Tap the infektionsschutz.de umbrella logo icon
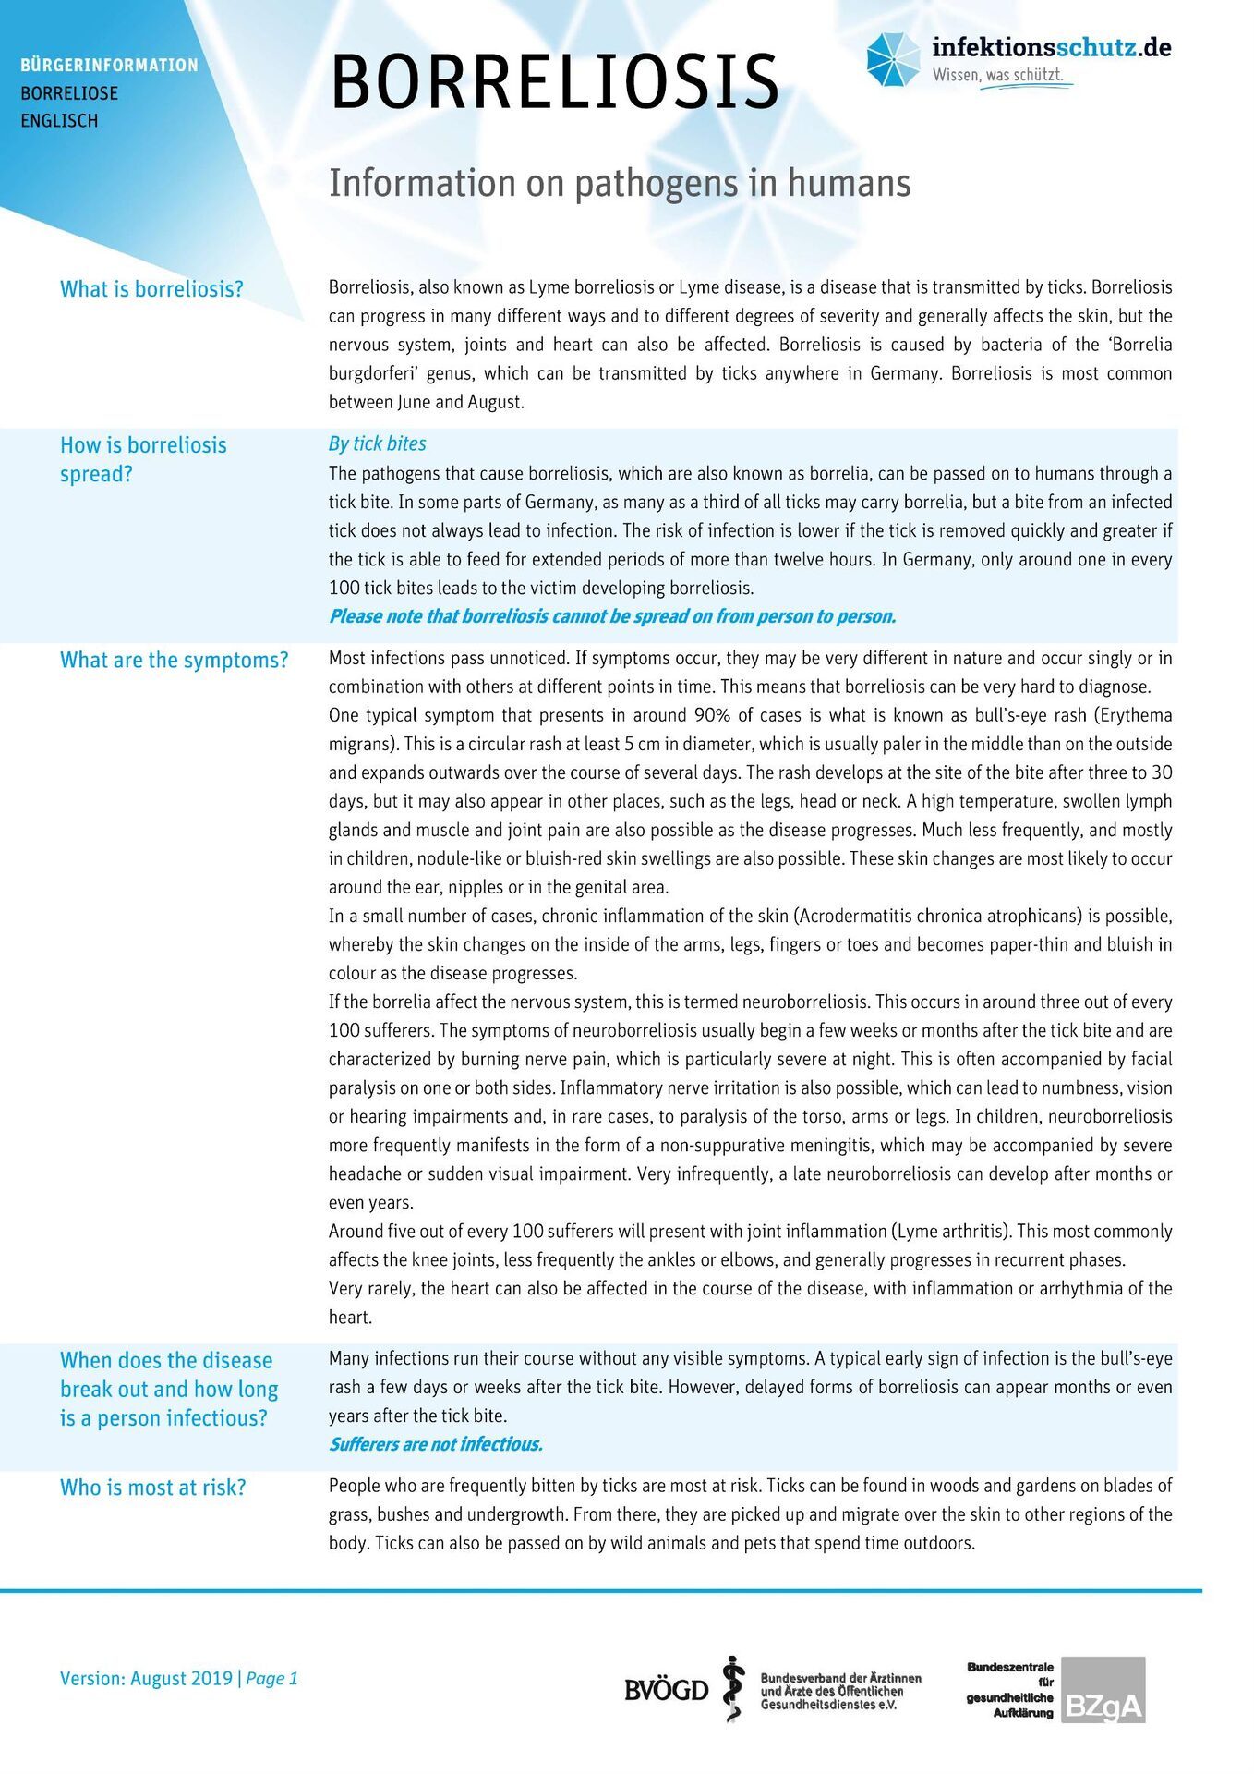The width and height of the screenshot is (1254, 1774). coord(893,59)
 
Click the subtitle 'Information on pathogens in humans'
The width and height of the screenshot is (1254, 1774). coord(619,183)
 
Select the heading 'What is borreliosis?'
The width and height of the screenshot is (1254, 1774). coord(151,289)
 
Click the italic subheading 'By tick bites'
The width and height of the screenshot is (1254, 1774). coord(377,443)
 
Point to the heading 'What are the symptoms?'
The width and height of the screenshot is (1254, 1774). coord(174,661)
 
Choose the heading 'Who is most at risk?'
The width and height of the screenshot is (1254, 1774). coord(152,1488)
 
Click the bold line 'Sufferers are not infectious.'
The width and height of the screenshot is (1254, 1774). coord(435,1444)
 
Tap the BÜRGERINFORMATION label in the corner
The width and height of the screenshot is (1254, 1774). coord(109,66)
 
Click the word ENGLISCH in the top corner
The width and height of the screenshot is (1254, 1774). coord(59,121)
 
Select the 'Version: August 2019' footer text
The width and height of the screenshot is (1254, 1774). coord(146,1679)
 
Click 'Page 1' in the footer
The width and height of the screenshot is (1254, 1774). coord(271,1679)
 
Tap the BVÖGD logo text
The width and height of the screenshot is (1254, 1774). coord(666,1691)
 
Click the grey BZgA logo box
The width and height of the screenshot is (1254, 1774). coord(1103,1691)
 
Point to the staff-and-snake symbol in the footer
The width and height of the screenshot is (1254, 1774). coord(733,1689)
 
